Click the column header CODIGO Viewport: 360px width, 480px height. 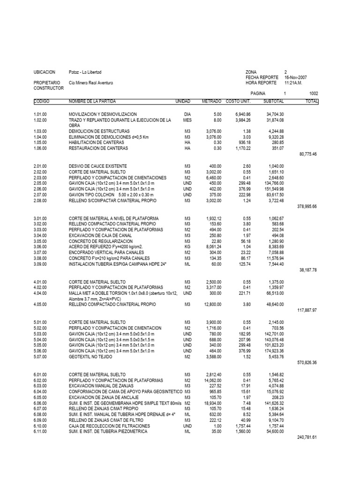click(x=42, y=101)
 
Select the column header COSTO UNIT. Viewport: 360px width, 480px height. click(x=238, y=101)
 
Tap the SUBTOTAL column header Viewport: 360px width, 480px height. click(x=273, y=101)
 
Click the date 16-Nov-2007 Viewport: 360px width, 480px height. click(x=296, y=77)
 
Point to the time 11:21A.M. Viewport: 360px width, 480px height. click(x=294, y=82)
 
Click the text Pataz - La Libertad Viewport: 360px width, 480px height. click(x=85, y=72)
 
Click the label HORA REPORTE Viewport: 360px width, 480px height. click(x=259, y=82)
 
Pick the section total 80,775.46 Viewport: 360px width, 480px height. click(x=308, y=153)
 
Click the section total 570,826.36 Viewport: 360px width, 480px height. click(x=307, y=362)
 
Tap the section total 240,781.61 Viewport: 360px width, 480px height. click(x=307, y=437)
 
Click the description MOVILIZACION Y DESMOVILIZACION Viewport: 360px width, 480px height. click(x=103, y=114)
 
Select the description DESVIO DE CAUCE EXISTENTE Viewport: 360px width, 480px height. click(x=97, y=166)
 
